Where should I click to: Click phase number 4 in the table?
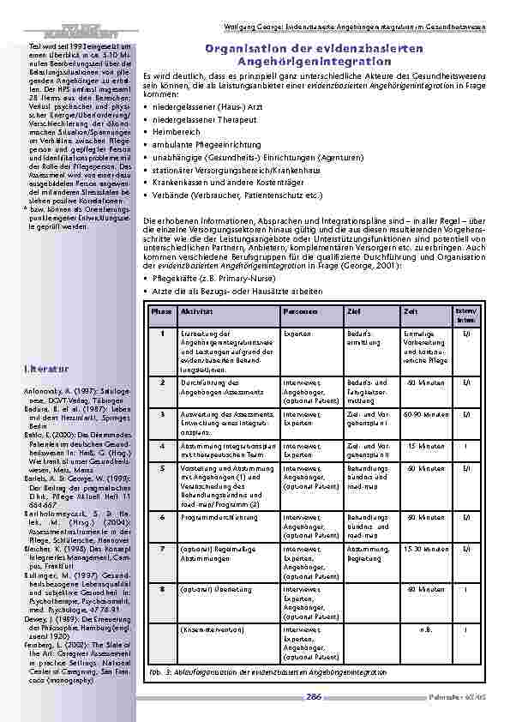coord(161,446)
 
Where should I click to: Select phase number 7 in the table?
coord(161,548)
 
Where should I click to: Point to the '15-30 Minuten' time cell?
coord(426,549)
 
